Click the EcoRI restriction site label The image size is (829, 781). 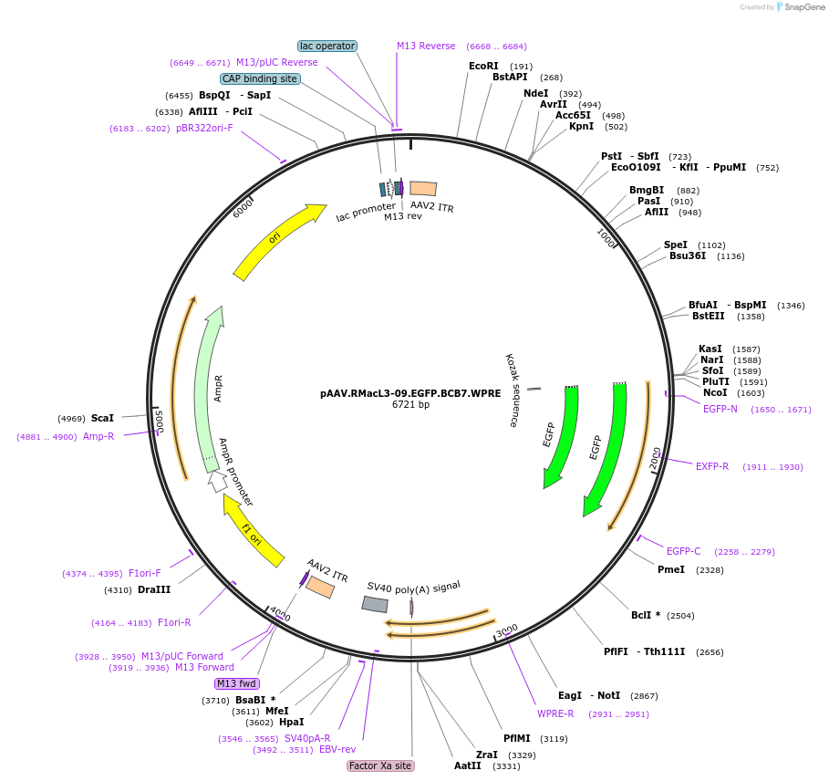click(483, 66)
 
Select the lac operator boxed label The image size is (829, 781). click(327, 46)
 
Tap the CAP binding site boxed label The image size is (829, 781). click(260, 78)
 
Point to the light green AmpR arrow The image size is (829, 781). click(209, 388)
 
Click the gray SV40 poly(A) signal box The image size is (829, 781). click(375, 604)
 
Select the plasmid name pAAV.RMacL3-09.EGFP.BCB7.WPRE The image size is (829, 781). click(410, 393)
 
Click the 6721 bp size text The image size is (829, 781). click(410, 404)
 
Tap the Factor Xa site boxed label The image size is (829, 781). click(380, 765)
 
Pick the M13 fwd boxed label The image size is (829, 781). click(236, 683)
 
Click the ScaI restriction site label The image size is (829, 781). click(102, 418)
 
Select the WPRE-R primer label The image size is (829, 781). click(555, 713)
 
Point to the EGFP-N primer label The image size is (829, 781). click(720, 409)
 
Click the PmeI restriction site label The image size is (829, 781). click(671, 569)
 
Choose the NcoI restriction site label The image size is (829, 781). click(715, 392)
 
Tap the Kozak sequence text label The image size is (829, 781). click(511, 390)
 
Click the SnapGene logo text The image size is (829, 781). click(804, 7)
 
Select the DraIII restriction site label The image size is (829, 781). click(154, 589)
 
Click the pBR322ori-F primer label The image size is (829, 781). click(204, 128)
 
